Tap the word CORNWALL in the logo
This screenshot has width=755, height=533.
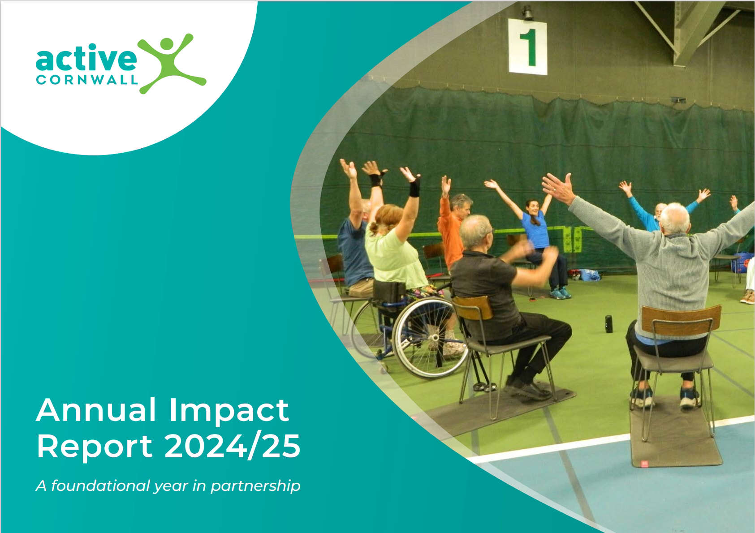point(87,80)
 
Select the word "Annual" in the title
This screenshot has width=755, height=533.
point(96,410)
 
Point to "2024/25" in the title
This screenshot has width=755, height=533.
point(232,446)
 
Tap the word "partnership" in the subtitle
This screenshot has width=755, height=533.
point(255,486)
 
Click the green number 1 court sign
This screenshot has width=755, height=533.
point(527,47)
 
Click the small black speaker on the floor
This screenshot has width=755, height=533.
point(609,324)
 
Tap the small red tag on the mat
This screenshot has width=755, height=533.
point(644,464)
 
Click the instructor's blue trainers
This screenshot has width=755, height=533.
point(561,293)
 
